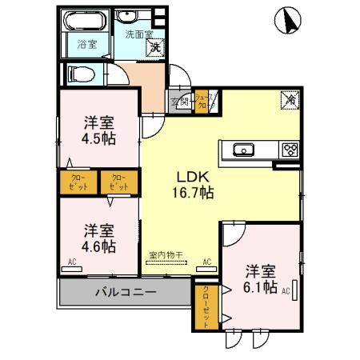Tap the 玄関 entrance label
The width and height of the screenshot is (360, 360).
(x=179, y=102)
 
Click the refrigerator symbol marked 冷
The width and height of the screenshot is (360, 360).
(x=288, y=101)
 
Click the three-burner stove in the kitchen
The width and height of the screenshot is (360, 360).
(x=288, y=149)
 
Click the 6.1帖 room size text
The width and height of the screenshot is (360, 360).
(x=261, y=286)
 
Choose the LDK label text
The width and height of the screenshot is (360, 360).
(x=191, y=177)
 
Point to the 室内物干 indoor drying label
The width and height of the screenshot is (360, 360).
(x=166, y=256)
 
